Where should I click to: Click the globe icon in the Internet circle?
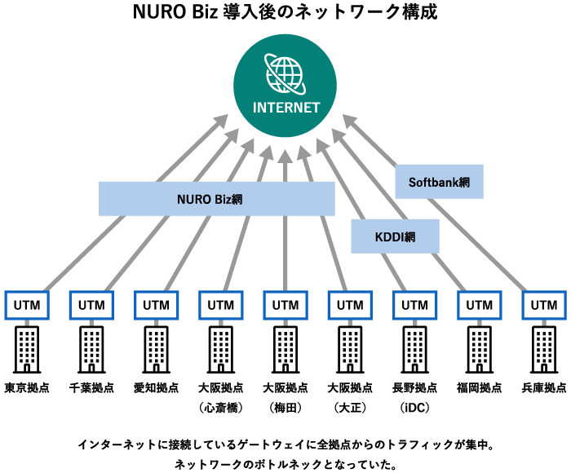click(285, 74)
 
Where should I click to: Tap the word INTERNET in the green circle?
click(285, 108)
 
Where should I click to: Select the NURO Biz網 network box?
click(216, 198)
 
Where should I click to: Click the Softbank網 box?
click(439, 182)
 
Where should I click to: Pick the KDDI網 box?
click(396, 236)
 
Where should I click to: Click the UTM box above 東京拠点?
click(28, 305)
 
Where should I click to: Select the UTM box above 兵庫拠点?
click(543, 305)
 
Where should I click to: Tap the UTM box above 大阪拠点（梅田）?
click(285, 305)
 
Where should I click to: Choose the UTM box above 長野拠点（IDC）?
click(414, 305)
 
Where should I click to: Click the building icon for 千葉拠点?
click(91, 348)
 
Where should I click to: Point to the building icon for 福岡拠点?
click(479, 348)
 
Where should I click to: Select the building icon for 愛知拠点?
click(156, 348)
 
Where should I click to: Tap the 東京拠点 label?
click(27, 387)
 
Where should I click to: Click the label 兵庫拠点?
click(543, 387)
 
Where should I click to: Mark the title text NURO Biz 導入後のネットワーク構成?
click(285, 13)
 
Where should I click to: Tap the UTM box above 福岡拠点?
click(479, 305)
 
